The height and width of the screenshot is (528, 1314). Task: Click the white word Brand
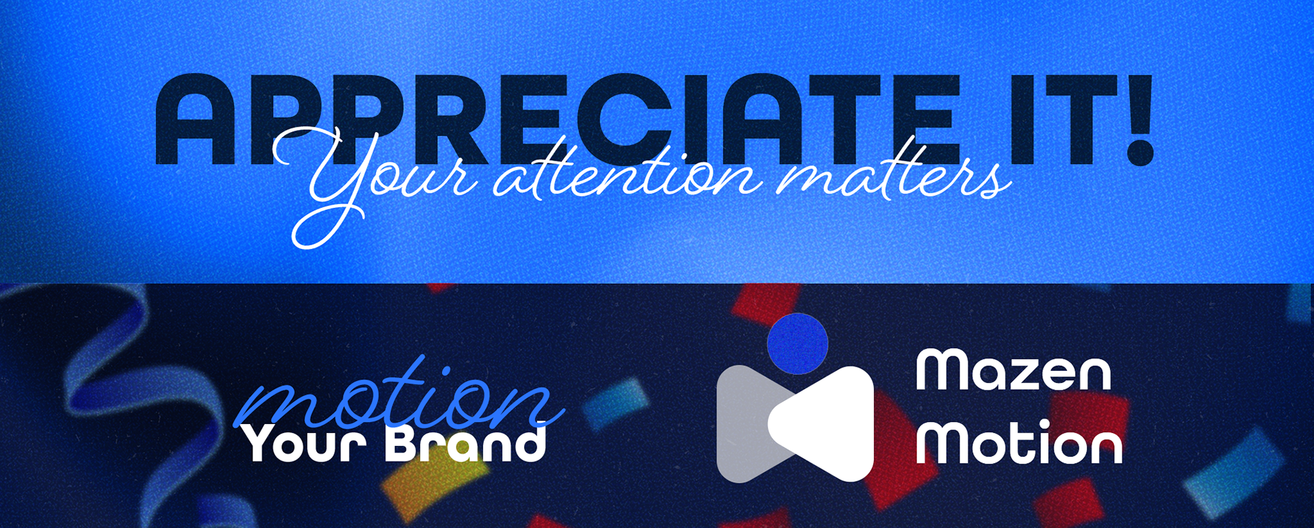[x=465, y=443]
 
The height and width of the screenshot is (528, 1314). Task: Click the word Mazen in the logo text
[x=1014, y=371]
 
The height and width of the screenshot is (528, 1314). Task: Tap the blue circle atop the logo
[x=797, y=344]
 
